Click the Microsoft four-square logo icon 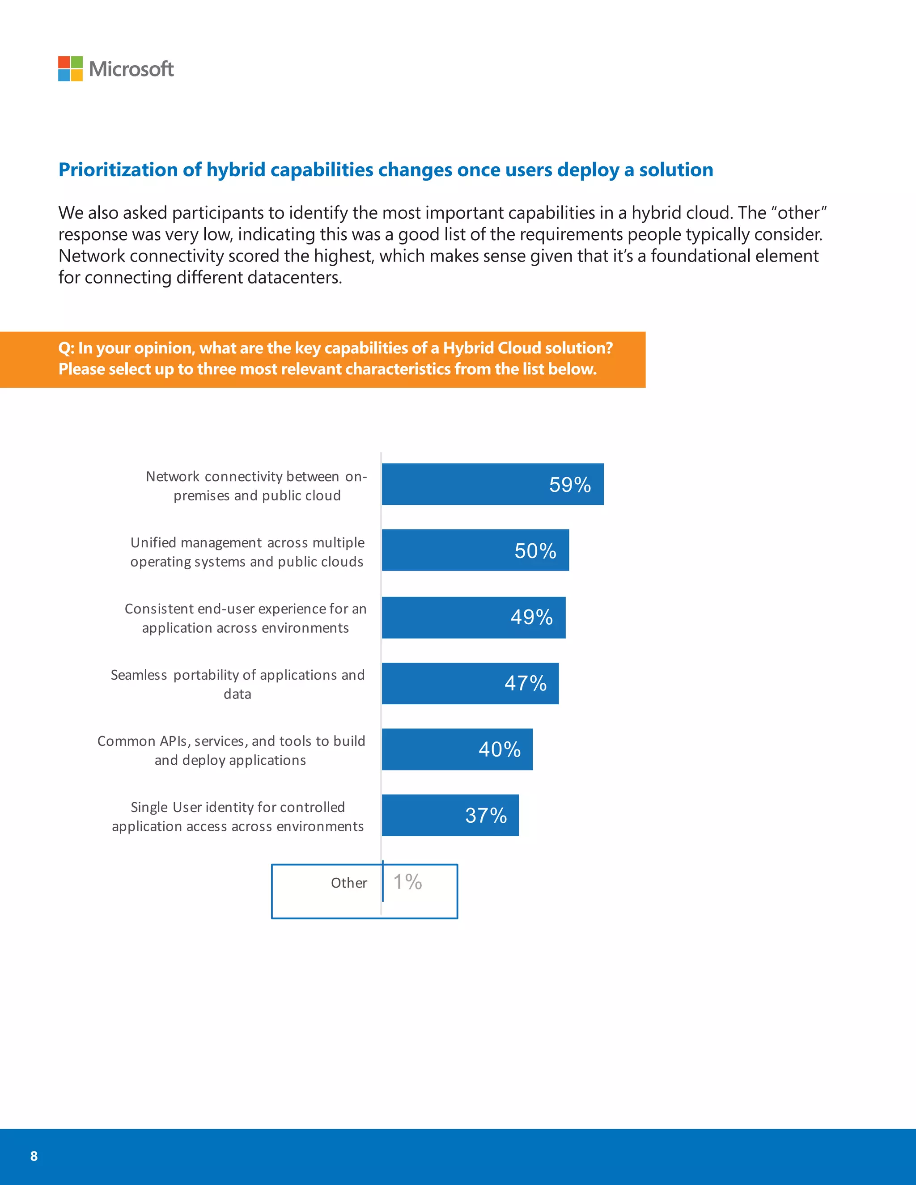pyautogui.click(x=70, y=68)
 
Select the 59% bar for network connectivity pyautogui.click(x=492, y=484)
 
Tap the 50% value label pyautogui.click(x=535, y=551)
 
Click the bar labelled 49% pyautogui.click(x=473, y=618)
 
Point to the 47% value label pyautogui.click(x=525, y=683)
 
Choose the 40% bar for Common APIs pyautogui.click(x=457, y=749)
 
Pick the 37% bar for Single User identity pyautogui.click(x=450, y=815)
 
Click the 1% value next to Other pyautogui.click(x=407, y=882)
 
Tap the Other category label pyautogui.click(x=349, y=883)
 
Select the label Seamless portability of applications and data pyautogui.click(x=237, y=684)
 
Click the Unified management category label pyautogui.click(x=247, y=552)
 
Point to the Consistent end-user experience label pyautogui.click(x=245, y=618)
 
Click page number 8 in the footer pyautogui.click(x=34, y=1155)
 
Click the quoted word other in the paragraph pyautogui.click(x=798, y=213)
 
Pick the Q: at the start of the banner pyautogui.click(x=66, y=348)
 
